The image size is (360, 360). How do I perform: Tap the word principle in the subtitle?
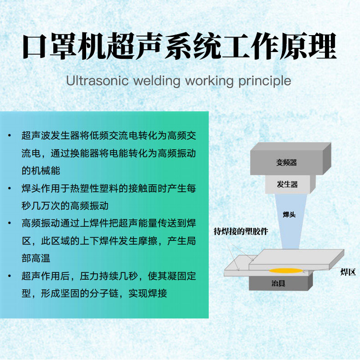(x=264, y=81)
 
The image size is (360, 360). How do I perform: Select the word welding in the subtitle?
(x=157, y=81)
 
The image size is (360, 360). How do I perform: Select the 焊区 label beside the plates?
(x=347, y=272)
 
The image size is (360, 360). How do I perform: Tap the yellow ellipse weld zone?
(x=279, y=271)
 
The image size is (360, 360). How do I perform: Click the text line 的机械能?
(x=41, y=171)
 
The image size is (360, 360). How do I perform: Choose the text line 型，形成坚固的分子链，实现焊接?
(x=94, y=293)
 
